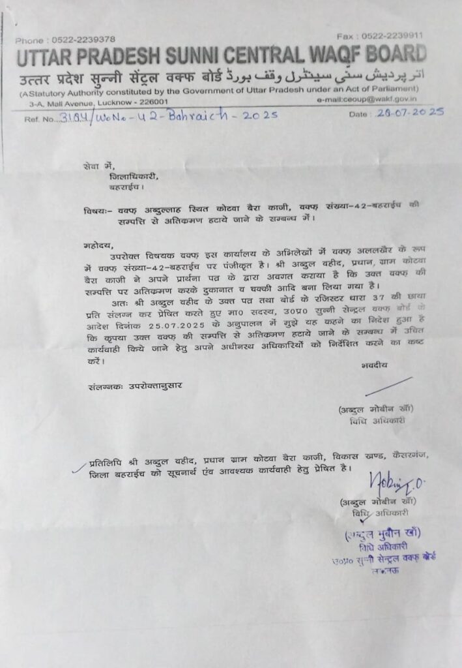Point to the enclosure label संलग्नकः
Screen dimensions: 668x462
point(106,386)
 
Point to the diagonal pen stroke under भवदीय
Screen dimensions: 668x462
point(388,386)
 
